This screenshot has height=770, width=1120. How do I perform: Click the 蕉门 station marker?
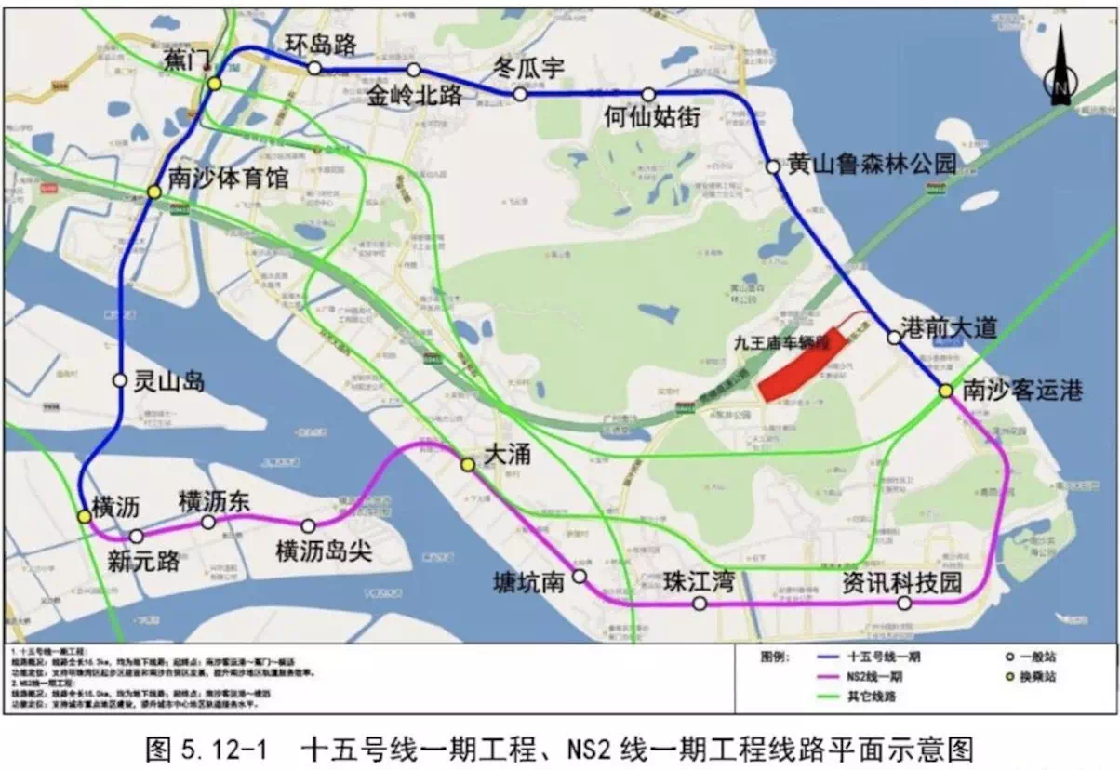pos(214,84)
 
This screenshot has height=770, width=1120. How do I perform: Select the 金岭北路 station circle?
pos(414,70)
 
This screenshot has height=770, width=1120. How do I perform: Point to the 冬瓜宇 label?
pos(528,67)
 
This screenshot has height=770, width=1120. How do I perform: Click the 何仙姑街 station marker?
pos(648,94)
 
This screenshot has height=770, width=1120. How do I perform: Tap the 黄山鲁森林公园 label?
pos(872,164)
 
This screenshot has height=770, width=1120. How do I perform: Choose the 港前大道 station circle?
pos(894,338)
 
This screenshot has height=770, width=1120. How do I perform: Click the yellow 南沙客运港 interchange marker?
pos(945,392)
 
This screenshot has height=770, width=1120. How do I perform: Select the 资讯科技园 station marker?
pos(904,603)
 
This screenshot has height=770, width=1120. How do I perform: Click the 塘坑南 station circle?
pos(579,577)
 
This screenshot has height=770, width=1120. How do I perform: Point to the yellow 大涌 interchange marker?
pos(468,464)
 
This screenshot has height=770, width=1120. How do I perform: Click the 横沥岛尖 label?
pos(324,551)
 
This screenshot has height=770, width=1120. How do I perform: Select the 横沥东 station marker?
pos(208,522)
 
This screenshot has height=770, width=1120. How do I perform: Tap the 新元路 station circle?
pos(137,537)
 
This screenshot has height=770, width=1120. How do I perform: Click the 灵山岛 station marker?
pos(119,379)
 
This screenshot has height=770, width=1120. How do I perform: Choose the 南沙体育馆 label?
pos(229,177)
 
